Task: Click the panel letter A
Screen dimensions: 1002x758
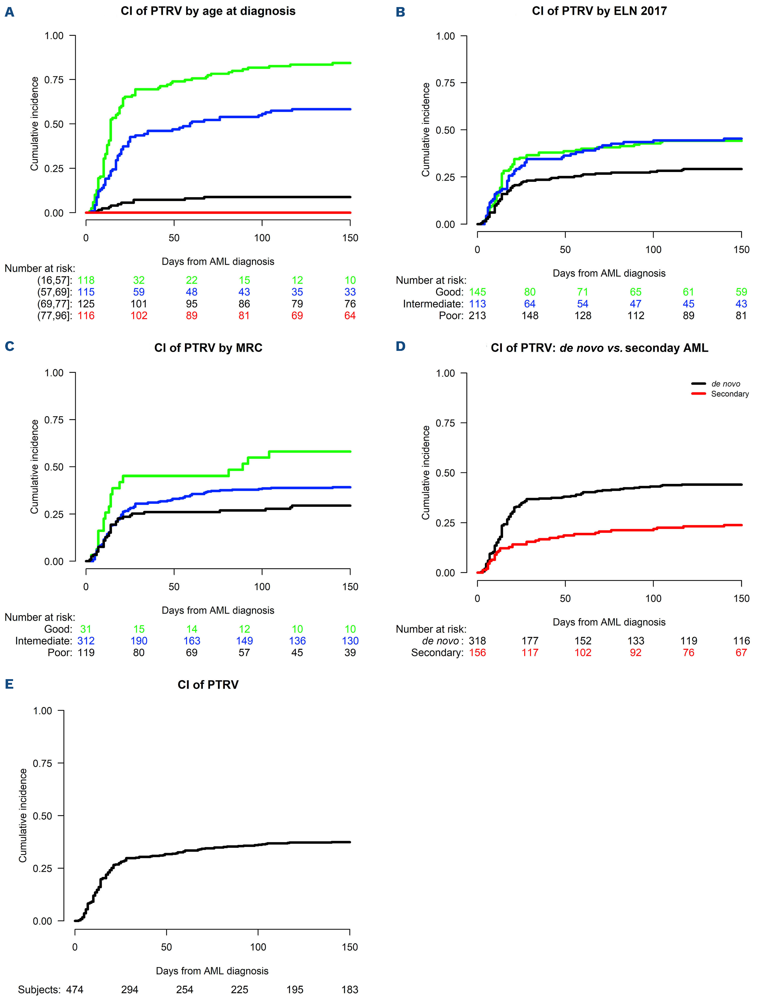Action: coord(10,12)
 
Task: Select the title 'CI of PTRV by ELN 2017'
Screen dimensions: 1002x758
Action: coord(599,11)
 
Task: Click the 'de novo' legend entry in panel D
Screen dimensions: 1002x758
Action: coord(725,384)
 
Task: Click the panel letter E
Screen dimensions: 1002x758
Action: coord(10,684)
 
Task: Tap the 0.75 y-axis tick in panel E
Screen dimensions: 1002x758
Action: coord(43,763)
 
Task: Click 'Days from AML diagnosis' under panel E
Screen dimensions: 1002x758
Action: coord(212,971)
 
